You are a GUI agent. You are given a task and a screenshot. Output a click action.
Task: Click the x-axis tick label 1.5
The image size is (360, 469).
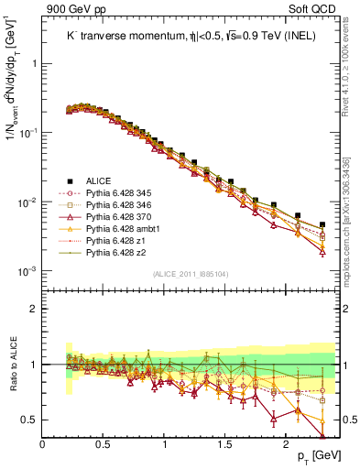pyautogui.click(x=224, y=443)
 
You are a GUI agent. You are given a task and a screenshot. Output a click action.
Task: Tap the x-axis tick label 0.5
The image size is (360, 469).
pyautogui.click(x=104, y=443)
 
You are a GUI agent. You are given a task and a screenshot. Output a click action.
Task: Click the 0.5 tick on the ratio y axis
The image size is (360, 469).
pyautogui.click(x=30, y=420)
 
